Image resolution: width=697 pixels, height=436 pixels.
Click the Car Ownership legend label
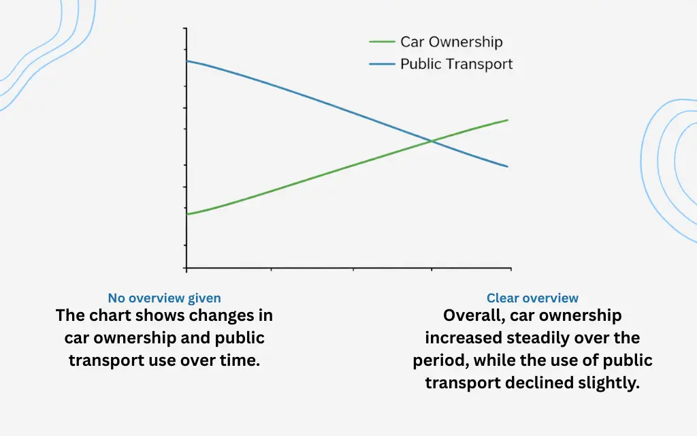[x=451, y=42]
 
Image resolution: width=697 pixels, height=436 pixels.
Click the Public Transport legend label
[x=456, y=64]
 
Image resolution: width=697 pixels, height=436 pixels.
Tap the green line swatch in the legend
[x=382, y=42]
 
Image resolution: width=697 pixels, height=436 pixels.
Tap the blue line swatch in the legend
[x=382, y=64]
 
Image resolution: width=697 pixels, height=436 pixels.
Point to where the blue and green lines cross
[x=432, y=142]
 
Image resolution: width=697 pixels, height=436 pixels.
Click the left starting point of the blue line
[x=187, y=61]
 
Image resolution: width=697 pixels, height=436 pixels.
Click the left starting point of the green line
[x=187, y=214]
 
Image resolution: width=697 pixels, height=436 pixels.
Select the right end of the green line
[x=507, y=120]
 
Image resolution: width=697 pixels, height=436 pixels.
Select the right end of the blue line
[x=507, y=166]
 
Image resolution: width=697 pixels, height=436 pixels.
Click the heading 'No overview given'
[x=164, y=298]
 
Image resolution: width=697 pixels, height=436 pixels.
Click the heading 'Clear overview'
[x=532, y=298]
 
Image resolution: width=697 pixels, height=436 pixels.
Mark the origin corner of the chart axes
[x=187, y=268]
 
